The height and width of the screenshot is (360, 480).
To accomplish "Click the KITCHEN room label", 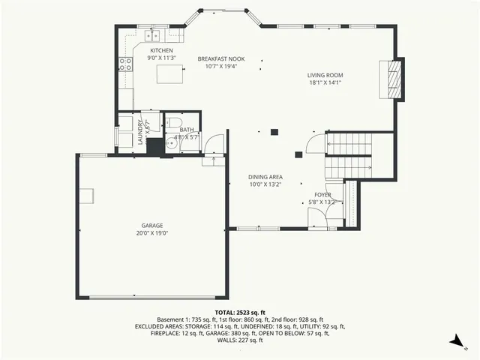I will (x=161, y=50).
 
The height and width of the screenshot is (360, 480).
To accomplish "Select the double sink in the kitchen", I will (x=154, y=34).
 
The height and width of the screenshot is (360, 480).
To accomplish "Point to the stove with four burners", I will (x=125, y=64).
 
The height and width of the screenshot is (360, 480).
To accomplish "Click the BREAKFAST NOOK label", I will (x=220, y=58).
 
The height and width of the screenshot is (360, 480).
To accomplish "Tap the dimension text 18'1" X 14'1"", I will (x=325, y=83).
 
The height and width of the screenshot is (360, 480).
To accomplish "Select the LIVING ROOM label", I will (x=325, y=75).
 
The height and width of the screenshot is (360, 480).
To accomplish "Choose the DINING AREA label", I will (x=265, y=177).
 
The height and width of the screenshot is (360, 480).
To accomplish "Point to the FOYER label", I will (x=322, y=194).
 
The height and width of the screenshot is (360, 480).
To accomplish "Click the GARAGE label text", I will (x=152, y=225).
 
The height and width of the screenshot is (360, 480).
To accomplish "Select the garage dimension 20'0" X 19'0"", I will (x=152, y=233).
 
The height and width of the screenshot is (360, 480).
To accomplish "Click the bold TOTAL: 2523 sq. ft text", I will (x=239, y=312).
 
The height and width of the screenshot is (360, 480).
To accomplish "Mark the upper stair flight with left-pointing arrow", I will (x=349, y=143).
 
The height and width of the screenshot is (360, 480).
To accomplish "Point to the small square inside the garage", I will (x=88, y=196).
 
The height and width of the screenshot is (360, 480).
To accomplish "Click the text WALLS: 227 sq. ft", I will (x=239, y=340).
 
